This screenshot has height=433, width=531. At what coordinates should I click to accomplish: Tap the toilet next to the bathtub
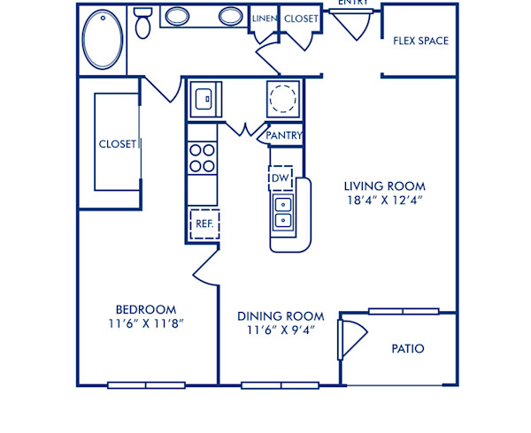pyautogui.click(x=142, y=23)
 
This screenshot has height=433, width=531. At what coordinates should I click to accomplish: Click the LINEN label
pyautogui.click(x=264, y=18)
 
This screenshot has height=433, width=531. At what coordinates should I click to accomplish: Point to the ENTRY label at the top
pyautogui.click(x=353, y=4)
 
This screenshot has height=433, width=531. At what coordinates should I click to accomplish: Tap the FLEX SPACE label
pyautogui.click(x=420, y=41)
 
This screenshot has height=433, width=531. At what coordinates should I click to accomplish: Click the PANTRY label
pyautogui.click(x=285, y=136)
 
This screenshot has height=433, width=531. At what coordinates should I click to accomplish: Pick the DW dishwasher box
pyautogui.click(x=281, y=177)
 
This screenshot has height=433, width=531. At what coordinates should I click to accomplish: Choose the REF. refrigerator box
pyautogui.click(x=204, y=224)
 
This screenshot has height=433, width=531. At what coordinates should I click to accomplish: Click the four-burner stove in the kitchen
pyautogui.click(x=203, y=157)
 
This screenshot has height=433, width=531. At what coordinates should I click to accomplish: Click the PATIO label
pyautogui.click(x=407, y=349)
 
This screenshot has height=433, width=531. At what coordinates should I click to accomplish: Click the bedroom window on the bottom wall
pyautogui.click(x=146, y=384)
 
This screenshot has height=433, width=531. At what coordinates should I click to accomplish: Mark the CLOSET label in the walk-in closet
pyautogui.click(x=117, y=144)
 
